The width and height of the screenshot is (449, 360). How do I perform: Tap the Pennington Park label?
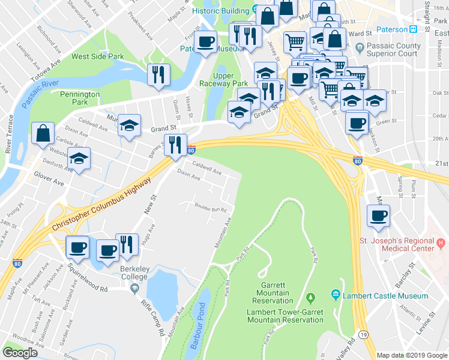click(79, 98)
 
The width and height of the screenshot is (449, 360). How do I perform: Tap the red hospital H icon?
click(441, 243)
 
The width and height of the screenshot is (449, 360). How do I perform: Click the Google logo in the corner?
click(20, 353)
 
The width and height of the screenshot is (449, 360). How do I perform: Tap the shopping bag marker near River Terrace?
click(43, 134)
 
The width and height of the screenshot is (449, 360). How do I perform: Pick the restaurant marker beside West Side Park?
click(158, 75)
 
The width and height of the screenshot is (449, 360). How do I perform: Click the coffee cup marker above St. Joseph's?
click(378, 216)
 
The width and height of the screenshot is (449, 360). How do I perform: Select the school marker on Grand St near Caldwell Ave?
click(129, 126)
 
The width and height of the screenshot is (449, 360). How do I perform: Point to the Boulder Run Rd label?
click(209, 209)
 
